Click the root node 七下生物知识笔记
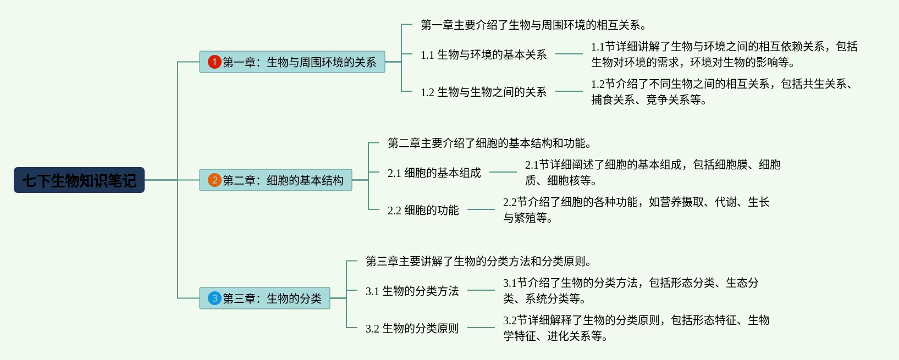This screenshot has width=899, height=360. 79,180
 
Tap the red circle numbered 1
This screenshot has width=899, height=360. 214,62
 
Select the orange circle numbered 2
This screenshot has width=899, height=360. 214,180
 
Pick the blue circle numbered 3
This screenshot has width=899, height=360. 214,298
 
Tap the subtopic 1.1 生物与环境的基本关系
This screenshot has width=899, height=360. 483,54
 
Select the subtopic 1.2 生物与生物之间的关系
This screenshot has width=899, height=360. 483,92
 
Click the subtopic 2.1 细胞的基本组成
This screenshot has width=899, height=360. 434,173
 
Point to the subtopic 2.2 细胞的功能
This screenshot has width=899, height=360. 423,210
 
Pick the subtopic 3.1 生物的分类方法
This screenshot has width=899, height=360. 412,291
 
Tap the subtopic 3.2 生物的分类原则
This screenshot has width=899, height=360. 412,328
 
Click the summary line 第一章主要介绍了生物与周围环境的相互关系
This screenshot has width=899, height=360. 533,25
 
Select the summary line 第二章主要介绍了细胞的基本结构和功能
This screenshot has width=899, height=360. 489,143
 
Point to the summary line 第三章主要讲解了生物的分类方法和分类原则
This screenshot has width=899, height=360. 478,261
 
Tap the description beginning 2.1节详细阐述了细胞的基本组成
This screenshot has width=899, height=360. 652,173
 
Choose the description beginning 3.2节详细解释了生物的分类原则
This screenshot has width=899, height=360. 636,328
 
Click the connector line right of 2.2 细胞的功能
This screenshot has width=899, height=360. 481,209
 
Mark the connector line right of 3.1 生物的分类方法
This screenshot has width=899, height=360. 481,290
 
